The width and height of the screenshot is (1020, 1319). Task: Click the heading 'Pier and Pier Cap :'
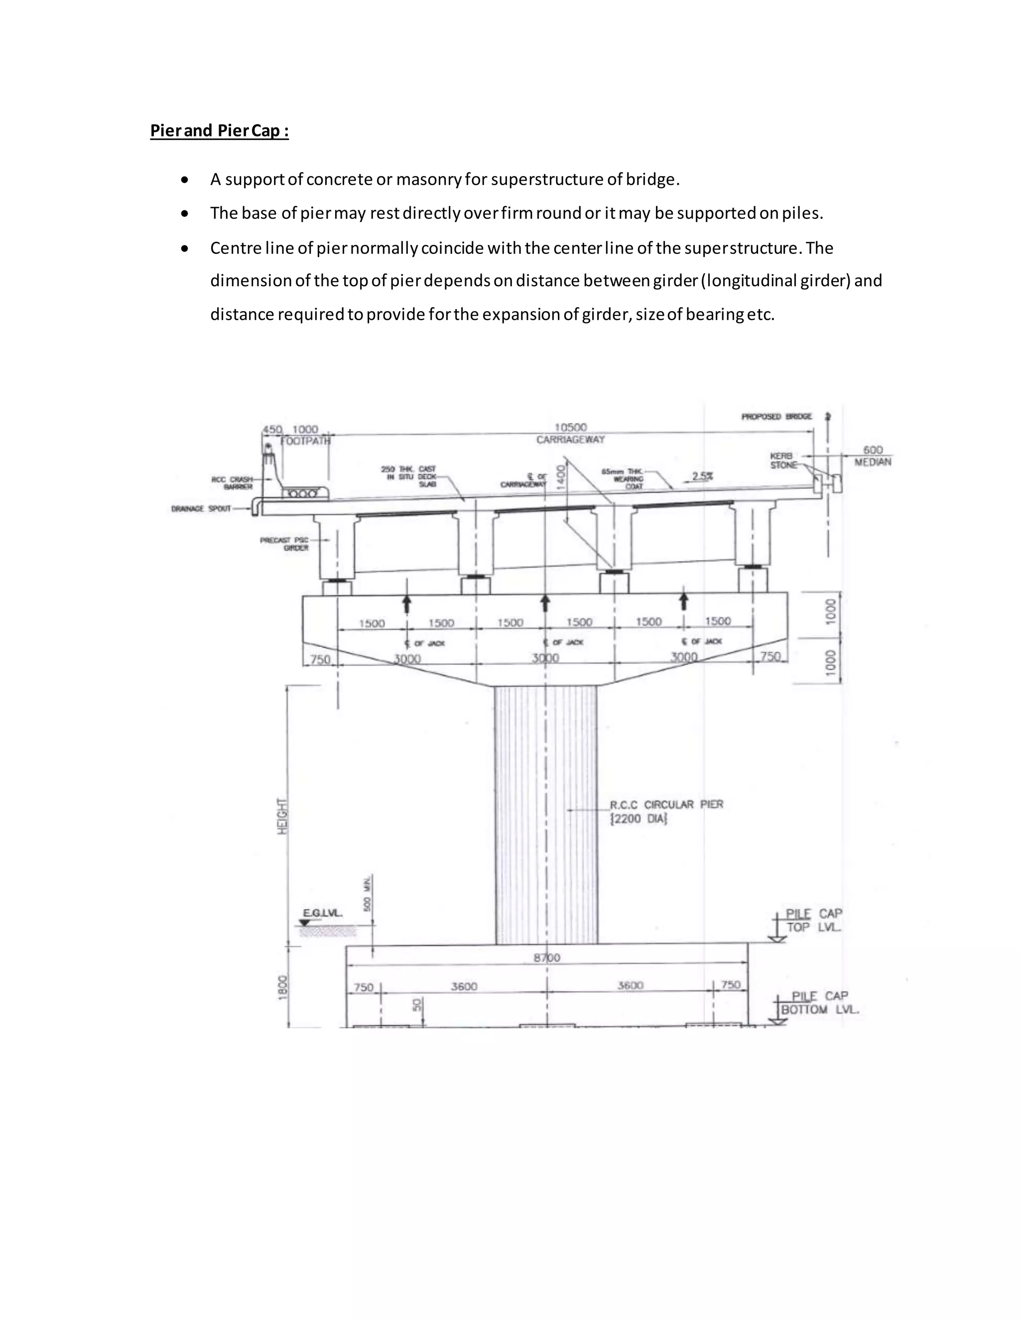[x=219, y=131]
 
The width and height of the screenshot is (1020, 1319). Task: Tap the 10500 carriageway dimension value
[x=570, y=428]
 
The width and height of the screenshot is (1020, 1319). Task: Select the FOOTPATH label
[x=306, y=441]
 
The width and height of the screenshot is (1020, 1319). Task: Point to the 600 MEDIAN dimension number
[x=873, y=450]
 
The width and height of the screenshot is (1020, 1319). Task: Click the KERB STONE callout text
[x=783, y=461]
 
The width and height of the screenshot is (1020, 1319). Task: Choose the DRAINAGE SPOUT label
[x=201, y=509]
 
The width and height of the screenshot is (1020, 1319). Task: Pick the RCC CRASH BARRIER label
[x=232, y=483]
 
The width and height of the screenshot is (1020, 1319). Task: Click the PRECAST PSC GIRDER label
[x=284, y=544]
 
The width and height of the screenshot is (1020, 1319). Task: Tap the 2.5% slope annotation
[x=702, y=476]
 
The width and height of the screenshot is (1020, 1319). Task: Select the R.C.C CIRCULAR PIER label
[x=666, y=804]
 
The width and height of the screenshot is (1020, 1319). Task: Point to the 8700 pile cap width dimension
[x=547, y=958]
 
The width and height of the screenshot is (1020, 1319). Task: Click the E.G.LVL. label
[x=322, y=914]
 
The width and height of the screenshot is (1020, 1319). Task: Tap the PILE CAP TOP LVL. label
[x=813, y=920]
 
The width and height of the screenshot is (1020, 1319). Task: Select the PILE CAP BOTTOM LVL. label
[x=819, y=1002]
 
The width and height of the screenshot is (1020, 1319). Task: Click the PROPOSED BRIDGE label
[x=776, y=417]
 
